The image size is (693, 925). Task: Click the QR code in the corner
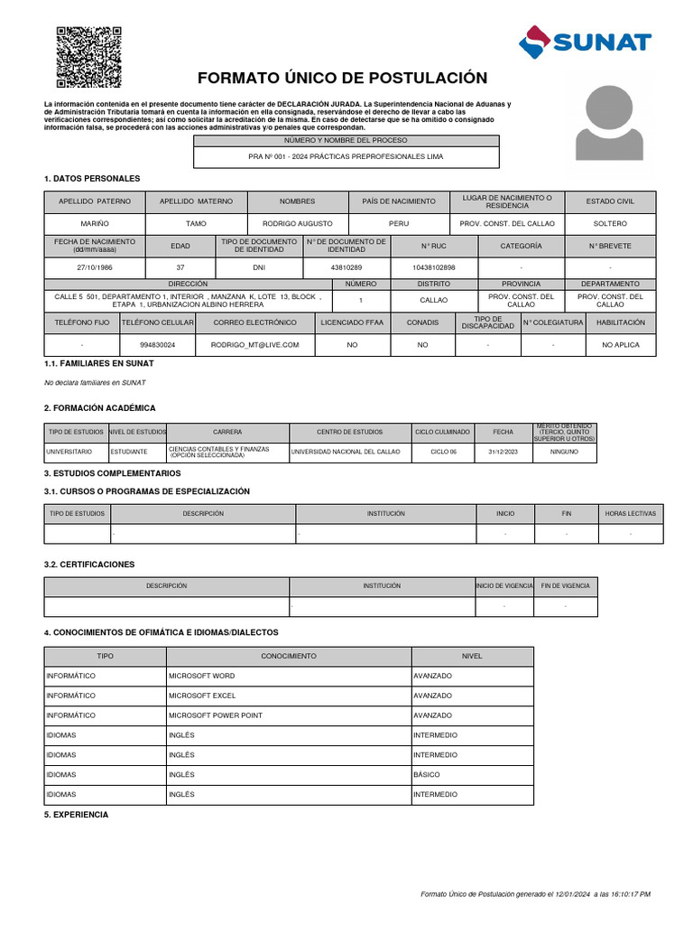click(x=88, y=58)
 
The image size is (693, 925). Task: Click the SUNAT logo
click(x=585, y=41)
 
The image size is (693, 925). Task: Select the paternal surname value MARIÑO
click(x=95, y=222)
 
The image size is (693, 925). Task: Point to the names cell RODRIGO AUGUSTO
click(x=297, y=222)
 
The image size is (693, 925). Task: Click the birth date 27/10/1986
click(x=95, y=268)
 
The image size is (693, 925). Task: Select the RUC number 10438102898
click(x=433, y=268)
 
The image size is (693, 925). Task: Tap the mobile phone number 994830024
click(x=158, y=345)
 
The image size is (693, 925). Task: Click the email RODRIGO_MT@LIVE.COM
click(x=254, y=345)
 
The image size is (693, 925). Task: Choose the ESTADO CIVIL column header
click(x=611, y=201)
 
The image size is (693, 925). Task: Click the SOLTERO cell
click(x=611, y=222)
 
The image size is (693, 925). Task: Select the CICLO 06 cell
click(x=443, y=452)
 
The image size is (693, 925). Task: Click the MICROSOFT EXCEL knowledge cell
click(x=288, y=696)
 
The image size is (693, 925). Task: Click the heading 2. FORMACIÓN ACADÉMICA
click(x=99, y=408)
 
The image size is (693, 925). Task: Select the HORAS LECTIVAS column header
click(x=631, y=513)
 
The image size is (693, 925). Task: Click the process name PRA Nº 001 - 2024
click(x=346, y=156)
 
